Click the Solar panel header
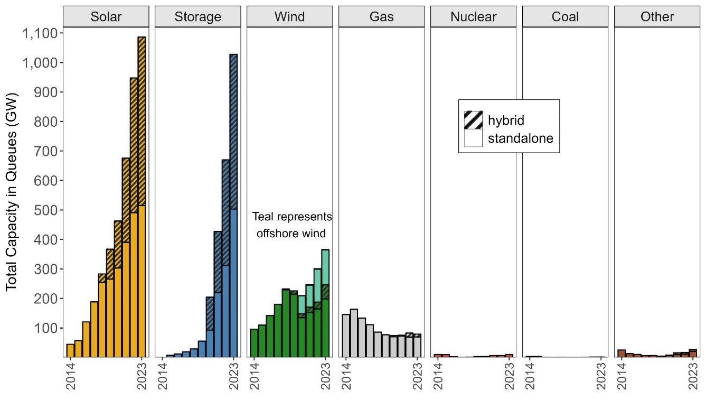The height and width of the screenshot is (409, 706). [106, 16]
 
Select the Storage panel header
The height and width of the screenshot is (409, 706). [198, 16]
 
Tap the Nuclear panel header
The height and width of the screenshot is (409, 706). [474, 16]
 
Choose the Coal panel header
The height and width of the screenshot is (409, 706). [566, 16]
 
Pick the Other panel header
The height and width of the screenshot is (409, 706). [657, 16]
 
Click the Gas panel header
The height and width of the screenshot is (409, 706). [382, 16]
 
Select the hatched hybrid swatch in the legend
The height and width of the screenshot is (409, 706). [473, 120]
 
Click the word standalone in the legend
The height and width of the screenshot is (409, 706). [520, 139]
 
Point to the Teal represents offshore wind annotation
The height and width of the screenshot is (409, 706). [292, 225]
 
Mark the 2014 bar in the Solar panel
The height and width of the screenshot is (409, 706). [70, 350]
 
